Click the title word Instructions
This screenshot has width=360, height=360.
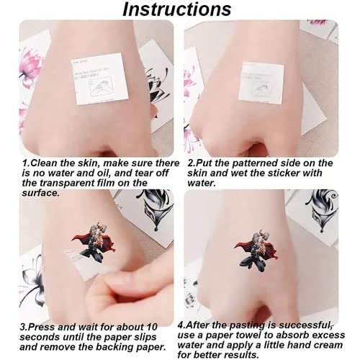(176, 9)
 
